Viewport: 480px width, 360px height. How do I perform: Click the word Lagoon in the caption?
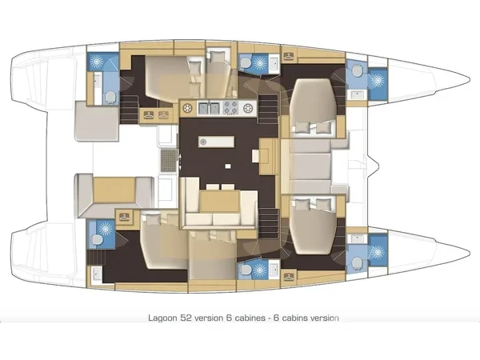click(162, 318)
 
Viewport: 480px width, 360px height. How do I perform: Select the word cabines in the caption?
click(250, 318)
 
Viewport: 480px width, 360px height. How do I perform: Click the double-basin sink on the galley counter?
click(210, 108)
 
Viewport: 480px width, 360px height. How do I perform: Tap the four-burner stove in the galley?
click(231, 108)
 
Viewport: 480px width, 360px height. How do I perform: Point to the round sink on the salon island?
click(202, 142)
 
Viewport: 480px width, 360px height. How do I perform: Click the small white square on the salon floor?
click(228, 166)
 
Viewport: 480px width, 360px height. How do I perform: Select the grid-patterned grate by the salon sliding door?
click(168, 160)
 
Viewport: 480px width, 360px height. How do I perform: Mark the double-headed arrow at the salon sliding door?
click(180, 162)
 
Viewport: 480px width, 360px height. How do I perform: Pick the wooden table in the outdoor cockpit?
click(114, 190)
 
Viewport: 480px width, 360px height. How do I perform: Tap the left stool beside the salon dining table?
click(213, 186)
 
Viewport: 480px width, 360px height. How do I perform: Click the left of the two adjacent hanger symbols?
click(149, 115)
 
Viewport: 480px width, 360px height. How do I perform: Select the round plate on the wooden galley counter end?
click(187, 108)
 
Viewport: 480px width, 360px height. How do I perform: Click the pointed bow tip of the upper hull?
click(470, 79)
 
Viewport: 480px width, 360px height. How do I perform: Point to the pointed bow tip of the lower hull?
click(470, 253)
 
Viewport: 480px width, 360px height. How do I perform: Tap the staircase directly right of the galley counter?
click(269, 109)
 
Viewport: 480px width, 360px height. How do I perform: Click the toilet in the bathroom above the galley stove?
click(245, 63)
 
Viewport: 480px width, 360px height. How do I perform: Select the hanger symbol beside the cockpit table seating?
click(124, 217)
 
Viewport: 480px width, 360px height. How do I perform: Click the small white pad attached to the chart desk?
click(256, 156)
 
